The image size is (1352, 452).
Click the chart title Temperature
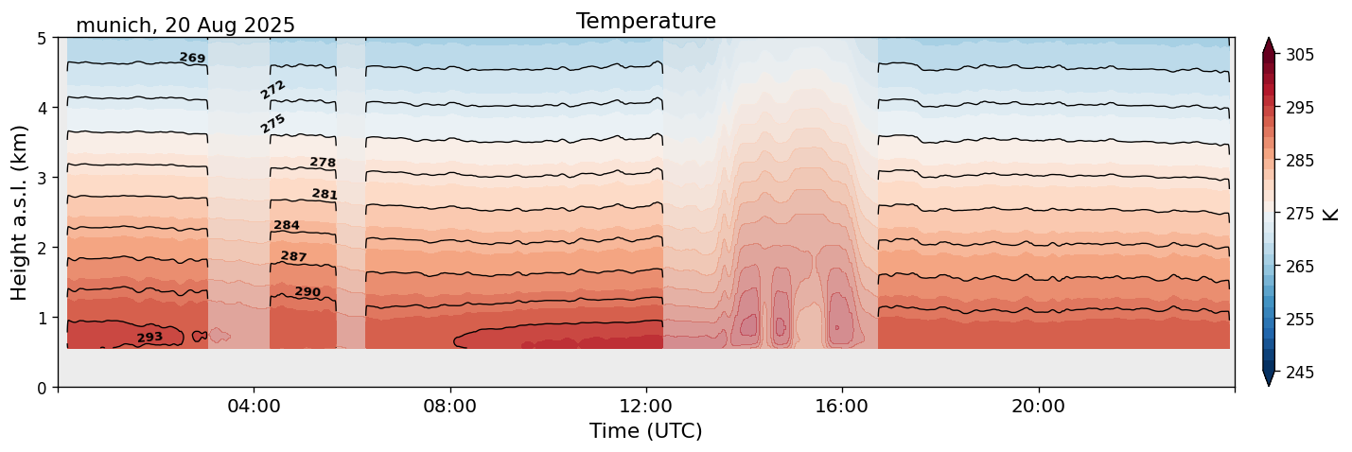point(645,21)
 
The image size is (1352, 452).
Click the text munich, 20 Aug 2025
point(185,26)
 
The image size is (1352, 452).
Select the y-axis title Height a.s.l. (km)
point(20,213)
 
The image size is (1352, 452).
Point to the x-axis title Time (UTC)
point(645,431)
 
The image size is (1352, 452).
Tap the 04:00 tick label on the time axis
point(254,407)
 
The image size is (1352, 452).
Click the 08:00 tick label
point(449,407)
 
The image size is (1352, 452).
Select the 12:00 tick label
point(646,407)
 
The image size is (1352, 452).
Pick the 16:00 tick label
point(842,407)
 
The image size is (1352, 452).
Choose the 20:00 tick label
point(1038,407)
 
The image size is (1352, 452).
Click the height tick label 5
point(42,39)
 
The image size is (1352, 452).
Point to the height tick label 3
point(42,178)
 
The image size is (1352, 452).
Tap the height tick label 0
point(42,388)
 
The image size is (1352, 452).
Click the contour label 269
point(192,59)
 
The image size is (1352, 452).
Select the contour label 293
point(149,338)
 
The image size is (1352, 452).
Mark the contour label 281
point(325,195)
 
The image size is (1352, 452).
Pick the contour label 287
point(293,256)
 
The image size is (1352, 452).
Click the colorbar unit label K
point(1331,214)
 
